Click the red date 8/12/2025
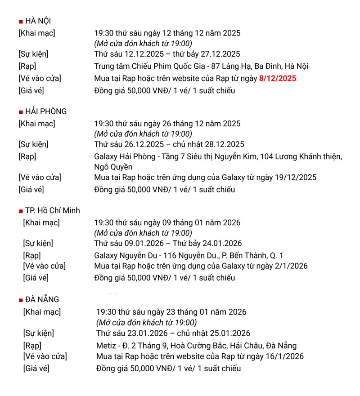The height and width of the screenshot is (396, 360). pyautogui.click(x=278, y=78)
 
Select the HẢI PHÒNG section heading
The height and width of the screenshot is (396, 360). pyautogui.click(x=46, y=111)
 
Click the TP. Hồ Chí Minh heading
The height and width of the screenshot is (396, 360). pyautogui.click(x=52, y=210)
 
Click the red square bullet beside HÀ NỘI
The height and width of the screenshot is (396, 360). pyautogui.click(x=21, y=22)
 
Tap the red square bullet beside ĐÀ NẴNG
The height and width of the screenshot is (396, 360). pyautogui.click(x=21, y=300)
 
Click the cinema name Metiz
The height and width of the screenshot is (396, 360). pyautogui.click(x=106, y=346)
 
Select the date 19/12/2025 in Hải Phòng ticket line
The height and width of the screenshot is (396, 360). pyautogui.click(x=294, y=178)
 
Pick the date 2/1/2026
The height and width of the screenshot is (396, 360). pyautogui.click(x=289, y=266)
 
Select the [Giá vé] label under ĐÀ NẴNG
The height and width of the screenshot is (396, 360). pyautogui.click(x=36, y=369)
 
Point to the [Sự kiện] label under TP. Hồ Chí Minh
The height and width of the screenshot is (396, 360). pyautogui.click(x=38, y=244)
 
